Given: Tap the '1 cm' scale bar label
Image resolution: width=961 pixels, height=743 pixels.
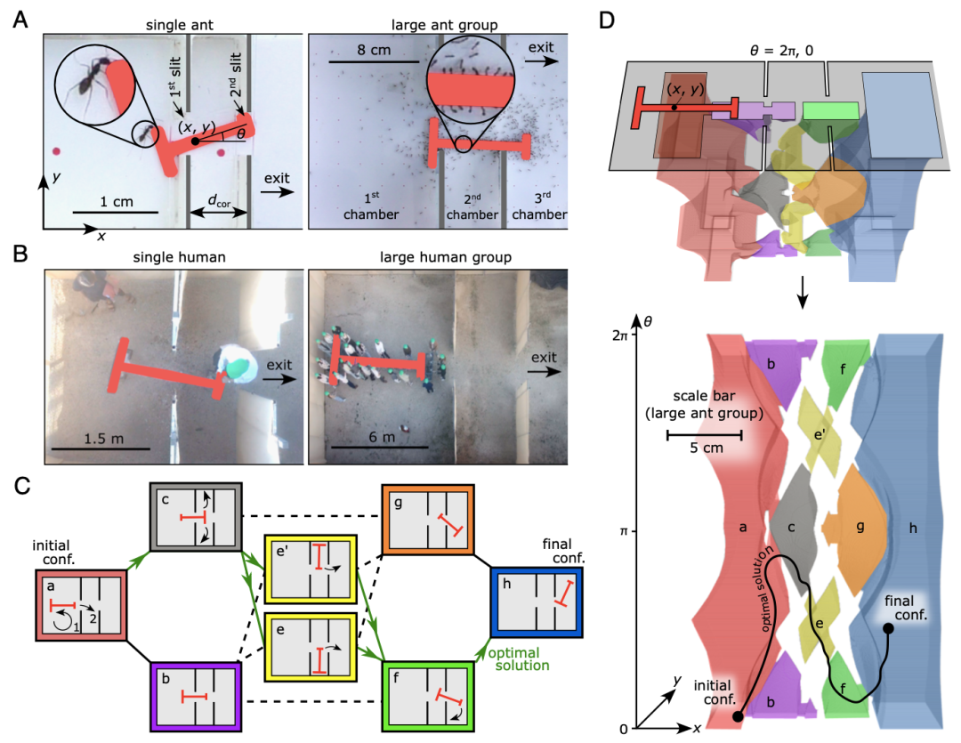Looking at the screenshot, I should point(116,201).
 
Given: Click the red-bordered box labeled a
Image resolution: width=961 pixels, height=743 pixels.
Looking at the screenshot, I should point(83,605).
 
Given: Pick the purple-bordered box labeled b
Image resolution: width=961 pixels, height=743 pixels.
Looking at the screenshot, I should point(195,697).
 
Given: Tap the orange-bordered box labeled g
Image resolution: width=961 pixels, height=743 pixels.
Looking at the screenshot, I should point(427,519).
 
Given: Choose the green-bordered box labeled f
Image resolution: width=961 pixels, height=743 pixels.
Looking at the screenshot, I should point(427,696).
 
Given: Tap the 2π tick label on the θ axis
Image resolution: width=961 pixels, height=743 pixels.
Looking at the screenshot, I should point(619,335).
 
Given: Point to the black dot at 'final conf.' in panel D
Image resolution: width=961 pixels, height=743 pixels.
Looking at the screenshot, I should point(887,629).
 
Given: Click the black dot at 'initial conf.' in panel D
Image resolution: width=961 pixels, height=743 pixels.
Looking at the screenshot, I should point(737,716).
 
